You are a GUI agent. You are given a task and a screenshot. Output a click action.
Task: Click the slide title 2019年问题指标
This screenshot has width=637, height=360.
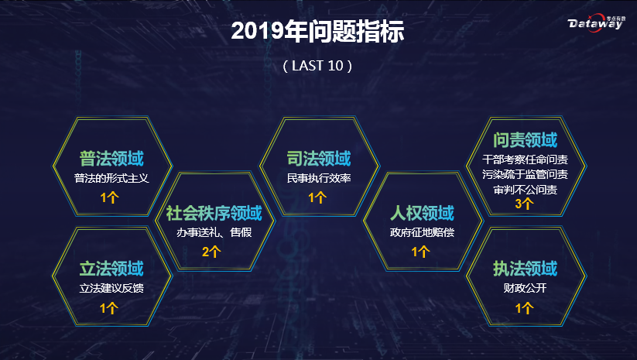(x=318, y=31)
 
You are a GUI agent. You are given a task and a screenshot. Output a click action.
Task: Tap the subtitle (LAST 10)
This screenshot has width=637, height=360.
(x=318, y=66)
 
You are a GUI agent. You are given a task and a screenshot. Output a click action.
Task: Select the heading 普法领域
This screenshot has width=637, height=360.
(x=112, y=159)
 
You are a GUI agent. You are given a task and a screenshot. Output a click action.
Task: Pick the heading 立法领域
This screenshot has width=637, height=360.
(x=112, y=269)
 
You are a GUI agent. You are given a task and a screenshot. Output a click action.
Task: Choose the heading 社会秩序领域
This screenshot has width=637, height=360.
(x=214, y=213)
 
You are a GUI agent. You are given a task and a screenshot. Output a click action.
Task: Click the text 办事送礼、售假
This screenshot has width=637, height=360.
(x=214, y=231)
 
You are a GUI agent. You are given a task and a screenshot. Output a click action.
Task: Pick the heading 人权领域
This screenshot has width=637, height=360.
(x=420, y=213)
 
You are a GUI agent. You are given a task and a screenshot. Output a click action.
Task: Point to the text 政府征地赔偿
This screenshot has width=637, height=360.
(x=420, y=232)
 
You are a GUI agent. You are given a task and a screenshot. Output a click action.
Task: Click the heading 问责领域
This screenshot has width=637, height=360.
(x=525, y=141)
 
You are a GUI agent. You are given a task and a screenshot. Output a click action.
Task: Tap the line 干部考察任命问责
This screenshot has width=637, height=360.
(x=525, y=159)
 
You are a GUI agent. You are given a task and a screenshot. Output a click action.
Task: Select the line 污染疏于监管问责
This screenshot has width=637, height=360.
(x=525, y=174)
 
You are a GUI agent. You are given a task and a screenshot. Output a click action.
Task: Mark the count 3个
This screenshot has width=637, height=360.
(x=524, y=204)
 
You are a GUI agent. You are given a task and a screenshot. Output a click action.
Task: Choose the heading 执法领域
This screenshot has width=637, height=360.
(x=525, y=269)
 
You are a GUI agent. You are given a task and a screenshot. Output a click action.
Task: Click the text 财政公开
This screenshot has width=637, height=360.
(x=525, y=288)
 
